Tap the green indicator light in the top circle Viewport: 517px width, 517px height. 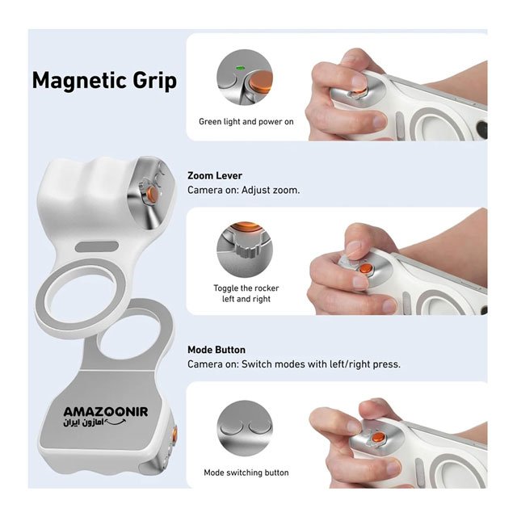point(240,68)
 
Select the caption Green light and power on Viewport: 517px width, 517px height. point(246,122)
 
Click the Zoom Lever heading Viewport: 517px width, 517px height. point(215,175)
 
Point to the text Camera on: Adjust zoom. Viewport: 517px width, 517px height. point(244,190)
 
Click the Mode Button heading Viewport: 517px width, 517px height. point(216,350)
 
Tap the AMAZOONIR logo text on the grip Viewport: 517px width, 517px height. point(106,411)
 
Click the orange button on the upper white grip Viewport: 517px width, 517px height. point(153,193)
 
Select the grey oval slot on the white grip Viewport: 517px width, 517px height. point(97,246)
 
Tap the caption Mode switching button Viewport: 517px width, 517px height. point(246,473)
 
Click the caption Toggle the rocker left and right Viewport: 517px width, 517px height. point(246,293)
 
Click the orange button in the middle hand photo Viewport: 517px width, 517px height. point(365,268)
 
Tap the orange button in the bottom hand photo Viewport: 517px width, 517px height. point(378,438)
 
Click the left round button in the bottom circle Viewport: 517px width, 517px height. point(231,427)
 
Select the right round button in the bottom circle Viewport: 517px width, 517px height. point(260,427)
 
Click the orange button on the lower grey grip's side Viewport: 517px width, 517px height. point(174,435)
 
